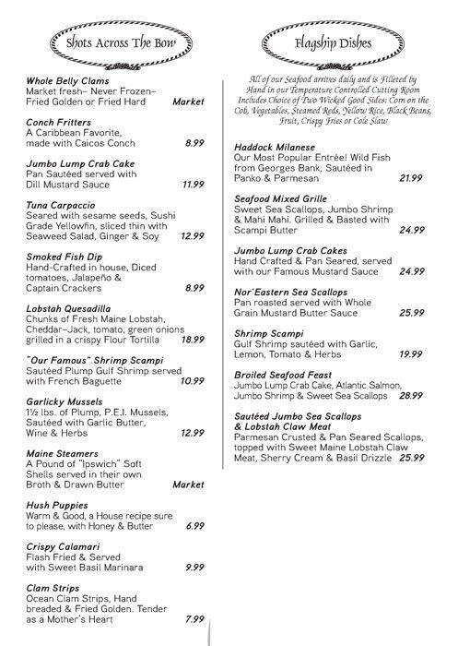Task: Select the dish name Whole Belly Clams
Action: (x=67, y=80)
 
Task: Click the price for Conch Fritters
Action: (x=194, y=144)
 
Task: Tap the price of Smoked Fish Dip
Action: (x=194, y=288)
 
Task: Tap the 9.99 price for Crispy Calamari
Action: (x=194, y=567)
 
